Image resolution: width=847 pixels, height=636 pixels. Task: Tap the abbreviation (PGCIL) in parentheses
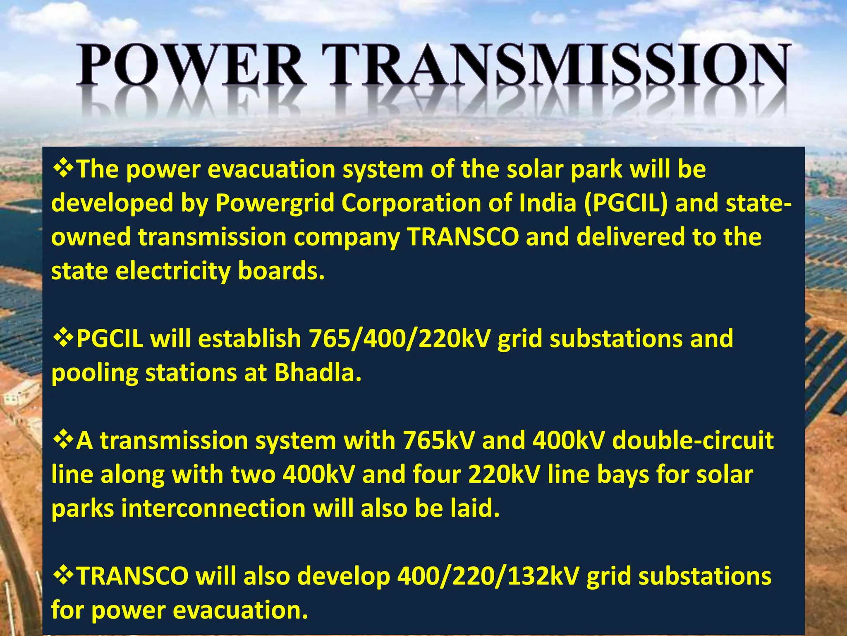click(626, 203)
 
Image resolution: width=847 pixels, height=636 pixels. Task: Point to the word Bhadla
click(318, 373)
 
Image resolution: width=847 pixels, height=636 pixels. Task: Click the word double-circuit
click(693, 440)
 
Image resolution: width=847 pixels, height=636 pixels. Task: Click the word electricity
click(172, 271)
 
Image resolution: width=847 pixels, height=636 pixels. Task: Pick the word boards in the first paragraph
click(281, 271)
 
